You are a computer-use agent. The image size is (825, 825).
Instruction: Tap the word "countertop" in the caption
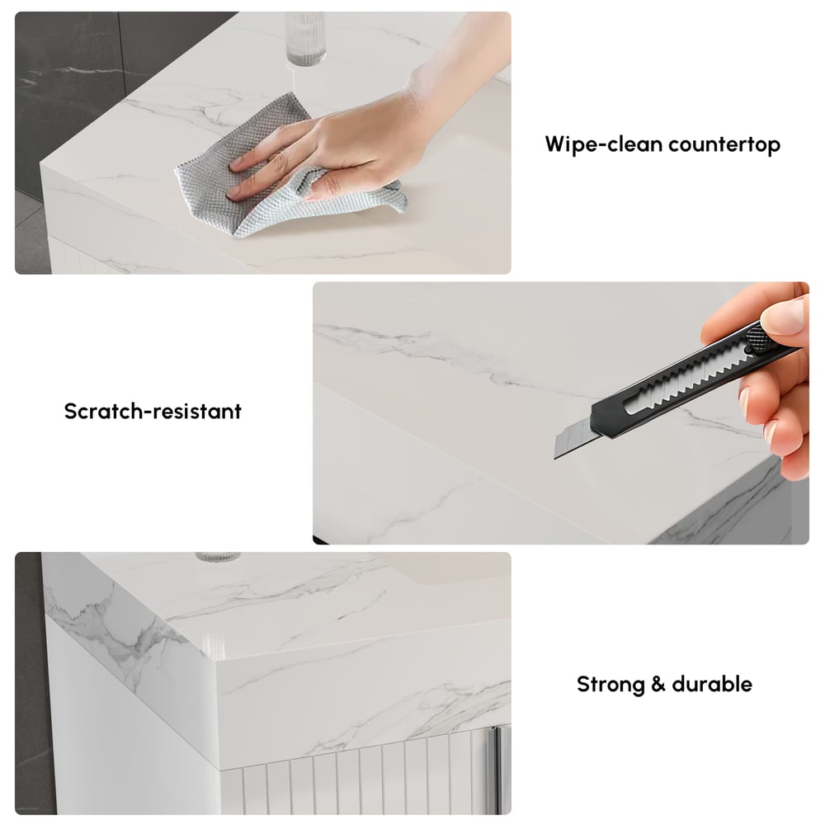[724, 144]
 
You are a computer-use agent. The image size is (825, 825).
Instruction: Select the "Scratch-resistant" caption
[153, 411]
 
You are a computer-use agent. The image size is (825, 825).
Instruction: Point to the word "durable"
[712, 684]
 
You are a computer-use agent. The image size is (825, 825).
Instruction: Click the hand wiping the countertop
[346, 140]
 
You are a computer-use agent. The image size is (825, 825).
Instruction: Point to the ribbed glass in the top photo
[299, 37]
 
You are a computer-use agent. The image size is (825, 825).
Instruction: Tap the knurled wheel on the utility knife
[756, 337]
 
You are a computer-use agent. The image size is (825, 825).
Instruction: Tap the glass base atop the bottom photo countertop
[216, 558]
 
